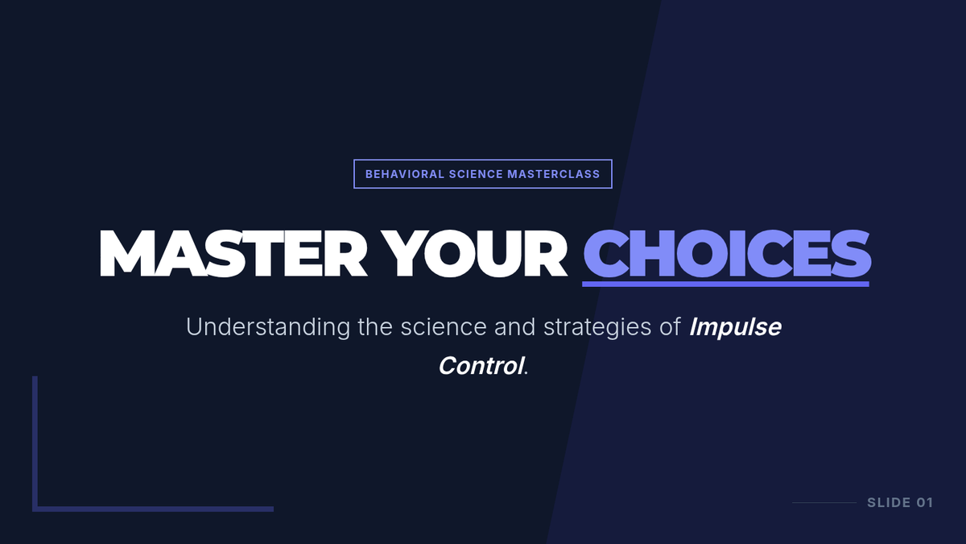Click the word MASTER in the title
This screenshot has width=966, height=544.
click(233, 253)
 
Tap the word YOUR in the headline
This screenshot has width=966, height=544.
click(473, 253)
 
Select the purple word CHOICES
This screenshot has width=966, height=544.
click(727, 253)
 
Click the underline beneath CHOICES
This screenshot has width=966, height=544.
click(725, 284)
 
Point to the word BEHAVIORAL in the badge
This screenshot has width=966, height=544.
click(404, 174)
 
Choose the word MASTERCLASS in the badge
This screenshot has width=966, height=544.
click(553, 174)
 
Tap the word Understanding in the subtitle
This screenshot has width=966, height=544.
click(268, 327)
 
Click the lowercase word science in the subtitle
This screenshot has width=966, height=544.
click(444, 327)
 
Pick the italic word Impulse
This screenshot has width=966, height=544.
click(735, 327)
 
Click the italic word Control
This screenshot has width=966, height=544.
click(481, 366)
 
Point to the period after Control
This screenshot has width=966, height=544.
click(526, 373)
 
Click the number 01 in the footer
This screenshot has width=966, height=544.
click(925, 503)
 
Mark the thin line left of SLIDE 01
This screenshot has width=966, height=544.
click(824, 503)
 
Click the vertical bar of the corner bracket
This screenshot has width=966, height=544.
click(35, 443)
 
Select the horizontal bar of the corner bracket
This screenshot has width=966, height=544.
click(153, 509)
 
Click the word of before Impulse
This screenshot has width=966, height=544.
click(670, 327)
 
